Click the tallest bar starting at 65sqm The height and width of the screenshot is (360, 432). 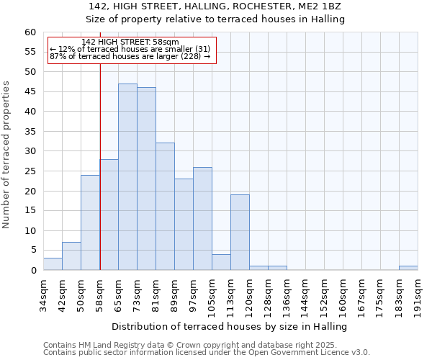127,176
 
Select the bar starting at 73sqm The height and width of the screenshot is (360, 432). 146,179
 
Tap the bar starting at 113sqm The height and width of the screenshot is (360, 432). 240,232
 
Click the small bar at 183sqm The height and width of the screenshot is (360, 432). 408,268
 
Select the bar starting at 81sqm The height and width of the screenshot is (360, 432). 165,207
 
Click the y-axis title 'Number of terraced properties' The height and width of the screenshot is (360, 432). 6,155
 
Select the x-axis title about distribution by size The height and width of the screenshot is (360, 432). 230,326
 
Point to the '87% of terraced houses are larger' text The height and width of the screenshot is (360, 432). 130,56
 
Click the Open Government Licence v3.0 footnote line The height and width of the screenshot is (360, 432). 207,353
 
